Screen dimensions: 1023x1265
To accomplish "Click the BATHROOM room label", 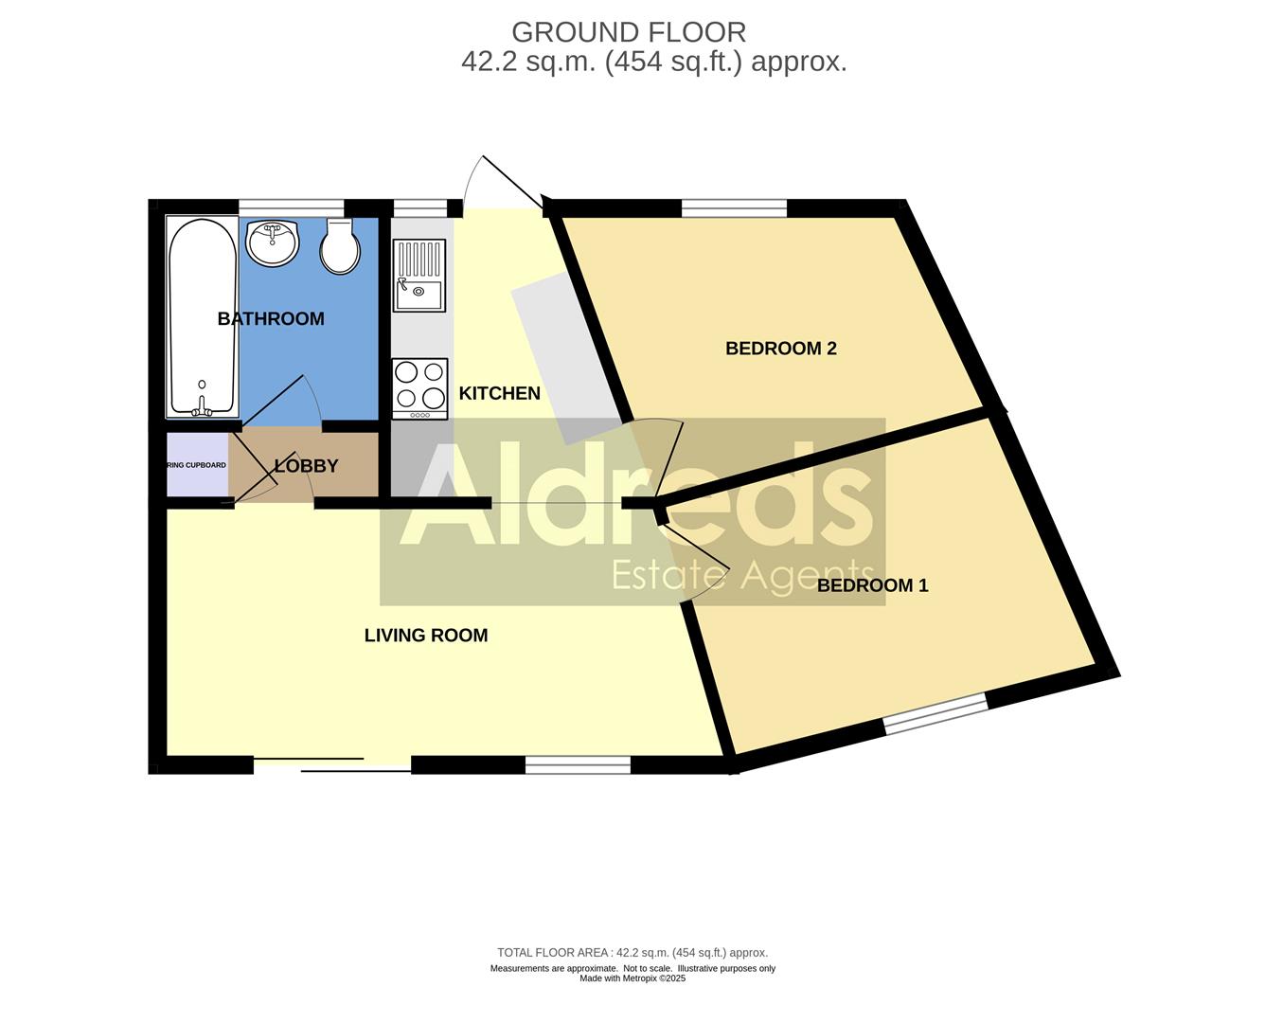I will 271,319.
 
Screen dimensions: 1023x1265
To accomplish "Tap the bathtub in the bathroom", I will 202,317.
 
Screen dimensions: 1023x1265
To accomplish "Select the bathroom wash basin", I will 273,243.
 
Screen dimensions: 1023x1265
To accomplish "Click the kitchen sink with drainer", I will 419,276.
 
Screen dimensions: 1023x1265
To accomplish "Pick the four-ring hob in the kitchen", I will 419,387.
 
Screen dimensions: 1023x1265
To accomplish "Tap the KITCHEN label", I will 499,393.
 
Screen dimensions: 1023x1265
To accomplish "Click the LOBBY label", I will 306,466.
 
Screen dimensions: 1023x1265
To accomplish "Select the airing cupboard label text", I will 197,465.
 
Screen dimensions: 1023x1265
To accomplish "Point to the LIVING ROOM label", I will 426,636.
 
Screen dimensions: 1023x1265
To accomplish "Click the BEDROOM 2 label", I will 780,349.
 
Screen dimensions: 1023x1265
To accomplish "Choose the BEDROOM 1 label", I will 872,585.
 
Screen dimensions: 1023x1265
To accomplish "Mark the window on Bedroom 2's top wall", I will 734,208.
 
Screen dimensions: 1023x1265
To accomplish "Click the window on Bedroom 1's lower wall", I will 935,713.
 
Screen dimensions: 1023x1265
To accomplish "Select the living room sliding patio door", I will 331,765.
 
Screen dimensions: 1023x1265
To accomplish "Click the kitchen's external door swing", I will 502,185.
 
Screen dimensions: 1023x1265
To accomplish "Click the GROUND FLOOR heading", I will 629,32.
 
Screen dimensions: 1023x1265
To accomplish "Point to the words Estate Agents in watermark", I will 742,574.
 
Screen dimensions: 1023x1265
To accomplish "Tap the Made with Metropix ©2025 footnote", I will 632,978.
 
